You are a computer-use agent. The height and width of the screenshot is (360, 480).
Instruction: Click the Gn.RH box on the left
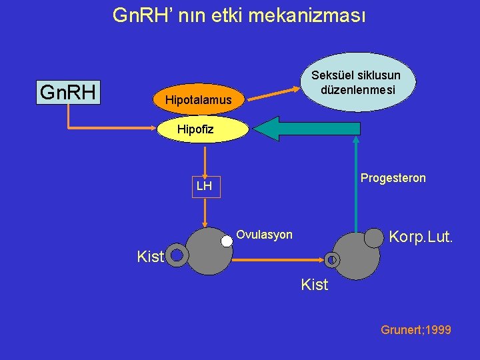[x=67, y=92]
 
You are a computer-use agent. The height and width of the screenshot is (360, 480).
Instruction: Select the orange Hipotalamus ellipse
[x=199, y=100]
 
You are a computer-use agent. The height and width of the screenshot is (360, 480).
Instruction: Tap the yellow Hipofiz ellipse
[x=195, y=129]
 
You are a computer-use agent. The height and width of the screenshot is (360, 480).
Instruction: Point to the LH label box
[x=204, y=186]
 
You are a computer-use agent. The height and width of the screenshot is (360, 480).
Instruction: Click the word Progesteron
[x=393, y=178]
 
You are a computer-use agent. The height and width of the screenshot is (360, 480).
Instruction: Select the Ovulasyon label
[x=265, y=234]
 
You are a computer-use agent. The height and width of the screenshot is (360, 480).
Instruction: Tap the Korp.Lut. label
[x=421, y=236]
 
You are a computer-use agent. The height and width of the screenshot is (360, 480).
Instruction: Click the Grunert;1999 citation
[x=415, y=330]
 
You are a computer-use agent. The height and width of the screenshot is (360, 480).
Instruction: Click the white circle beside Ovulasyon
[x=227, y=241]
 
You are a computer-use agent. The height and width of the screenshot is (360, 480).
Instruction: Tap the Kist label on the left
[x=149, y=257]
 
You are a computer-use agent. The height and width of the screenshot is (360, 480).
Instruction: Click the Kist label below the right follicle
[x=315, y=285]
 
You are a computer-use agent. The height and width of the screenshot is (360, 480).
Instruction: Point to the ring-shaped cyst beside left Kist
[x=177, y=254]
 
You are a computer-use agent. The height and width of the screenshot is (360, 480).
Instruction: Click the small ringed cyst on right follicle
[x=333, y=259]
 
